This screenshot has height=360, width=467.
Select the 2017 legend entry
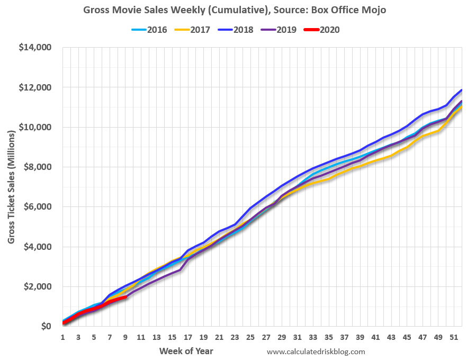click(x=196, y=30)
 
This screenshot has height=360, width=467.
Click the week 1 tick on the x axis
click(x=63, y=337)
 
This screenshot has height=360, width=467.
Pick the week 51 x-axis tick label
click(x=454, y=337)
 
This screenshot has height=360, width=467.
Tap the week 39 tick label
click(x=360, y=337)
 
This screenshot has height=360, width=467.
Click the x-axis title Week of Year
click(x=186, y=351)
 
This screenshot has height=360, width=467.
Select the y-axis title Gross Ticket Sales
click(x=12, y=186)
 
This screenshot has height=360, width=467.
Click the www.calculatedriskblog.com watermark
click(x=316, y=352)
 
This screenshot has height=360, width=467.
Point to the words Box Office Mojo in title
click(x=355, y=10)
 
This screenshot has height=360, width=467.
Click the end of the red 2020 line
click(x=125, y=298)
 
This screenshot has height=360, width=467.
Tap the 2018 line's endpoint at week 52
click(x=462, y=90)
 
